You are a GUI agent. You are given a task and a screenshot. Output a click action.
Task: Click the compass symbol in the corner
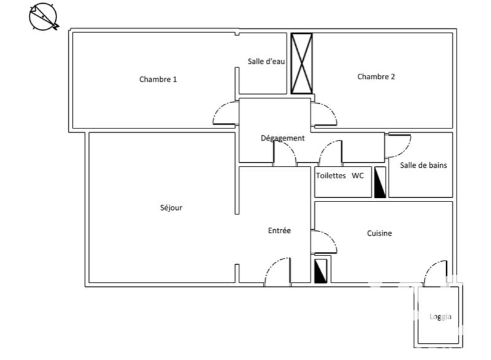[x=44, y=17]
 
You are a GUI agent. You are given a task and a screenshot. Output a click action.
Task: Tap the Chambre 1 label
[x=158, y=79]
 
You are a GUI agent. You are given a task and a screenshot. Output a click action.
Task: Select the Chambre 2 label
[x=376, y=77]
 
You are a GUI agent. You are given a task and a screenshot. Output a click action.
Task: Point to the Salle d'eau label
[x=266, y=61]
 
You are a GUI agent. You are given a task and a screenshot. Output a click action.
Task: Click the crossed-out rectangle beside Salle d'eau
[x=301, y=63]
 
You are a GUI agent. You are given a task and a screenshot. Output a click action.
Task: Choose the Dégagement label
[x=282, y=138]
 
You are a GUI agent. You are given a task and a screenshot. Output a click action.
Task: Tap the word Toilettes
[x=331, y=176]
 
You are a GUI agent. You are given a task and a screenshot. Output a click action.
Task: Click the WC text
[x=358, y=176]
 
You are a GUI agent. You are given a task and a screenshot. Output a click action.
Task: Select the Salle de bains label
[x=423, y=165]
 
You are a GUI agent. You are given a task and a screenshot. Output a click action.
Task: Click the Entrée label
[x=279, y=231]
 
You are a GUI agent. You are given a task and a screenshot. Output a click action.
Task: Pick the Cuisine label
[x=379, y=233]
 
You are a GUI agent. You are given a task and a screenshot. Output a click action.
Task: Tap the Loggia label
[x=440, y=317]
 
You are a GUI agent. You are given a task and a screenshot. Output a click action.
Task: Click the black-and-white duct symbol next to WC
[x=380, y=182]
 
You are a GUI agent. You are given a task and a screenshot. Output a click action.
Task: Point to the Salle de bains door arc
[x=400, y=145]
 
